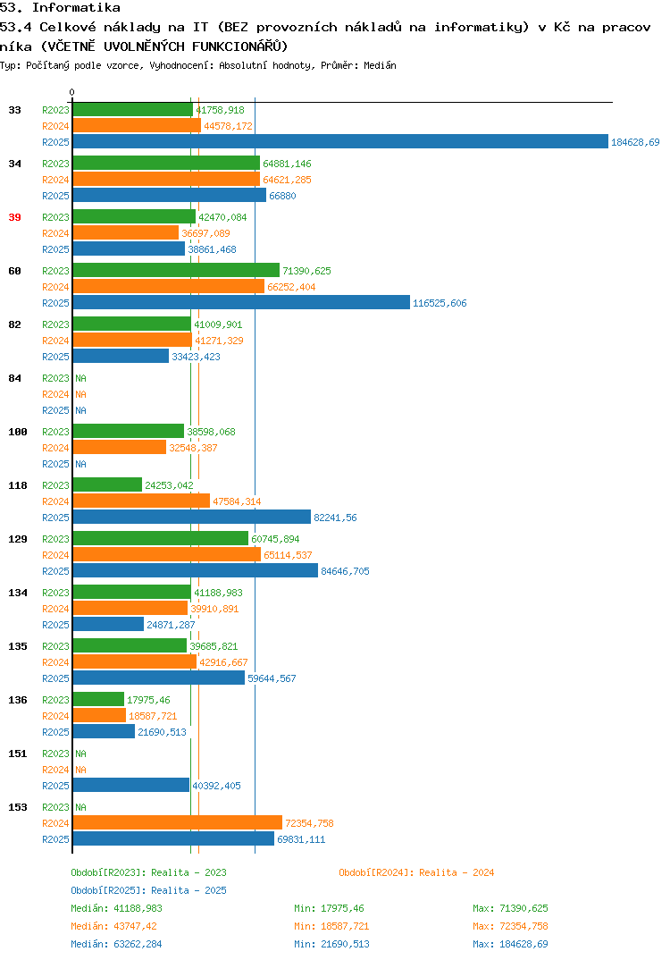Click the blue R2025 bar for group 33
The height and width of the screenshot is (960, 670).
341,141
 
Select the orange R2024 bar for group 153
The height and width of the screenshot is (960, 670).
178,823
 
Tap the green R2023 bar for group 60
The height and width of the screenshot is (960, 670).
176,271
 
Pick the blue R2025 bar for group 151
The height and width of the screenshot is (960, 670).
131,785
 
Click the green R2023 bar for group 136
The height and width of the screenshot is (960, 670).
98,699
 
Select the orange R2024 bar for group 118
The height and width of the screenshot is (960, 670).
141,501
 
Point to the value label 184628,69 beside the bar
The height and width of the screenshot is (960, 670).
635,142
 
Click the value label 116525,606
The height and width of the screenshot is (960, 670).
440,303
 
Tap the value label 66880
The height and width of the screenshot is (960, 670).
282,196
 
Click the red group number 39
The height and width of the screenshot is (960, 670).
14,217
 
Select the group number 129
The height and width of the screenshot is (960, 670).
18,539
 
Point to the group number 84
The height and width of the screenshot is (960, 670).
14,378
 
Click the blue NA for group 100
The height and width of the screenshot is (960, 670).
80,464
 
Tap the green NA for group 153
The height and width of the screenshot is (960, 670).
80,807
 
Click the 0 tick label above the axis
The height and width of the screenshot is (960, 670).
71,92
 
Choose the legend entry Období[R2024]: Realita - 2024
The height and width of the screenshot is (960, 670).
416,872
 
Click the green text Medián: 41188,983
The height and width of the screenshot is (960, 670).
116,908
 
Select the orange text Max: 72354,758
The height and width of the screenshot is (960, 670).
510,926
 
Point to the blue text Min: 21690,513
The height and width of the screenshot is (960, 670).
331,944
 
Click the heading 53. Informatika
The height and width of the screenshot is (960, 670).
60,8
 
